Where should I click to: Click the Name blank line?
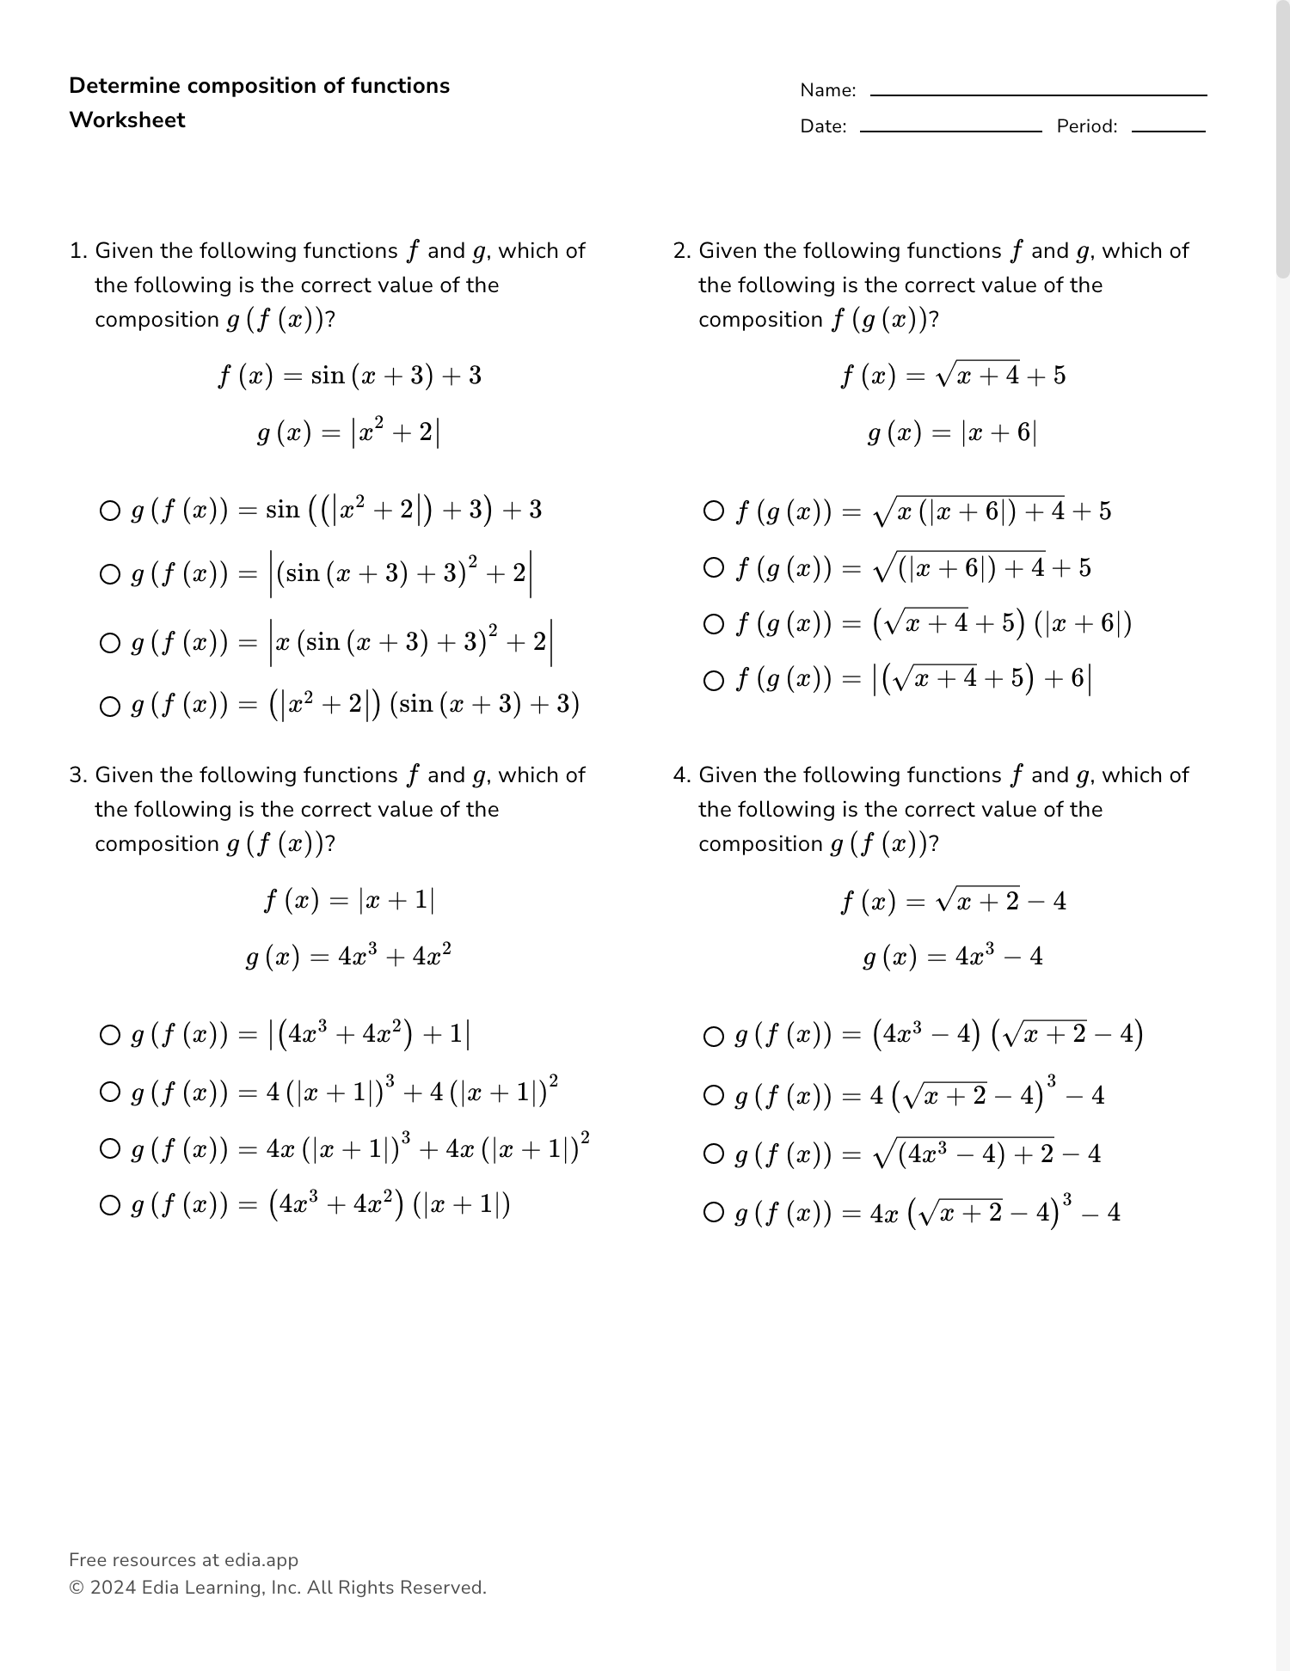(x=1038, y=95)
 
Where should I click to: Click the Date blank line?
(x=950, y=131)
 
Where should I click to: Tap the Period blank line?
(x=1168, y=131)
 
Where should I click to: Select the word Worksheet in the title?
(x=127, y=120)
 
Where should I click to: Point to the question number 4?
(x=681, y=775)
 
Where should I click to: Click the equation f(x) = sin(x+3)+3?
(x=349, y=376)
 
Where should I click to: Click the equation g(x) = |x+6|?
(x=952, y=432)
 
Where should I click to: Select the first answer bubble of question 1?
(x=110, y=511)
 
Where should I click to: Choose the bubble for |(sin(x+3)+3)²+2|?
(x=110, y=574)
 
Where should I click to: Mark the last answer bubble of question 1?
(x=110, y=707)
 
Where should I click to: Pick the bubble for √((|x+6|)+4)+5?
(x=714, y=567)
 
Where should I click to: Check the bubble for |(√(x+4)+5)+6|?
(x=714, y=681)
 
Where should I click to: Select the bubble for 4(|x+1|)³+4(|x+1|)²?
(x=110, y=1093)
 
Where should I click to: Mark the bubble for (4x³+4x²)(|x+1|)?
(x=110, y=1205)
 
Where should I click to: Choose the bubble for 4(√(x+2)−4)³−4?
(x=714, y=1095)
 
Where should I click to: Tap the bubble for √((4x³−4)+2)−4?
(x=714, y=1154)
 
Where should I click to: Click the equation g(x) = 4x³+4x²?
(x=348, y=956)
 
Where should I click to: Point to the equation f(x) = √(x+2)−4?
(x=953, y=901)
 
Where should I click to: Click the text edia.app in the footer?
(x=261, y=1560)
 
